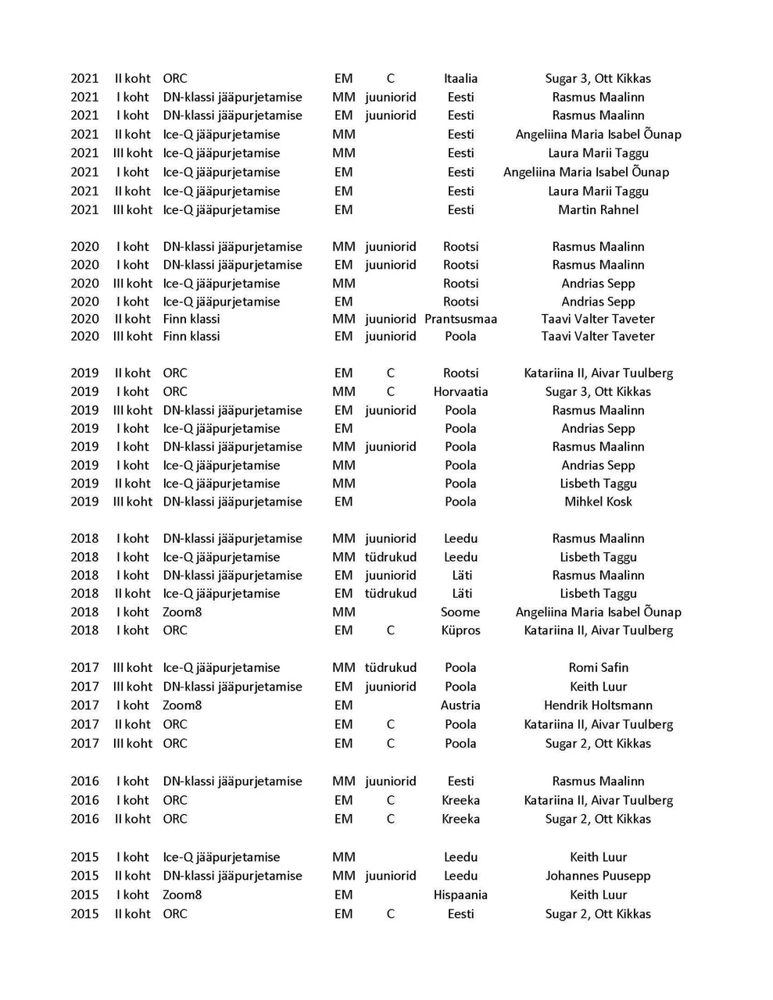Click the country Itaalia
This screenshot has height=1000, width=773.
tap(460, 78)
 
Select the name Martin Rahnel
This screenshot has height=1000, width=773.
tap(598, 209)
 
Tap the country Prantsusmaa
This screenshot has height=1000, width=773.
tap(460, 319)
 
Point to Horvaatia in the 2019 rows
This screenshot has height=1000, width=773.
tap(460, 391)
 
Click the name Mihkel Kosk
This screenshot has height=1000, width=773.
tap(598, 502)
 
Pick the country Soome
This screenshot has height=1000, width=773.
tap(460, 612)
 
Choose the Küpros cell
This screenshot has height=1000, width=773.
tap(460, 630)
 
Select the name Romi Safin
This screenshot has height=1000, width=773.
tap(598, 667)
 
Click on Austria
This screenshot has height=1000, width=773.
tap(460, 705)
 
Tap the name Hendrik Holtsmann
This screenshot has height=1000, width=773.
tap(598, 705)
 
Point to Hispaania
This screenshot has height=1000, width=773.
tap(460, 895)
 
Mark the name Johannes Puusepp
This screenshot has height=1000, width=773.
tap(598, 876)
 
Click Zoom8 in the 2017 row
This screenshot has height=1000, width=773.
tap(182, 705)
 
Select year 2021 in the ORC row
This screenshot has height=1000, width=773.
tap(84, 78)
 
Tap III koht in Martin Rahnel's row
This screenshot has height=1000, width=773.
tap(133, 209)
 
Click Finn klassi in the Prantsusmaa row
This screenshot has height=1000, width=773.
tap(191, 319)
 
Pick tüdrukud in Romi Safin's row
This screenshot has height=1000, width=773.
tap(390, 667)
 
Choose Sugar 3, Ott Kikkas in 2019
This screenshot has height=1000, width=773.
tap(598, 391)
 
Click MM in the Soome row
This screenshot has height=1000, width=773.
tap(343, 612)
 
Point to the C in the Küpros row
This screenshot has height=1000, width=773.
tap(390, 630)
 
